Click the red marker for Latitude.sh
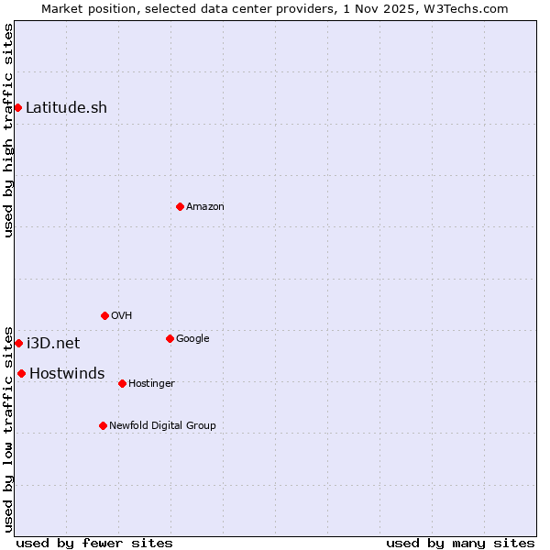point(17,108)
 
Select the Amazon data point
point(180,206)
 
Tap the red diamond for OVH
point(104,315)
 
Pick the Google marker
point(170,339)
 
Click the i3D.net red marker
point(18,343)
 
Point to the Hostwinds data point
point(21,373)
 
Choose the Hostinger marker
point(122,383)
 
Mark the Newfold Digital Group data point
point(103,425)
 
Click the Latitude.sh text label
point(66,108)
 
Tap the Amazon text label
point(205,207)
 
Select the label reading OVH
point(122,316)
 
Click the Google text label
point(192,339)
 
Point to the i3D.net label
point(53,344)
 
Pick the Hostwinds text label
point(67,374)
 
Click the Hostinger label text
point(151,384)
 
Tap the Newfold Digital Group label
point(162,426)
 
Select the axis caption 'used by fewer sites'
point(94,543)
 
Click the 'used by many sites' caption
point(460,543)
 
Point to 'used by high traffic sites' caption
point(9,130)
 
